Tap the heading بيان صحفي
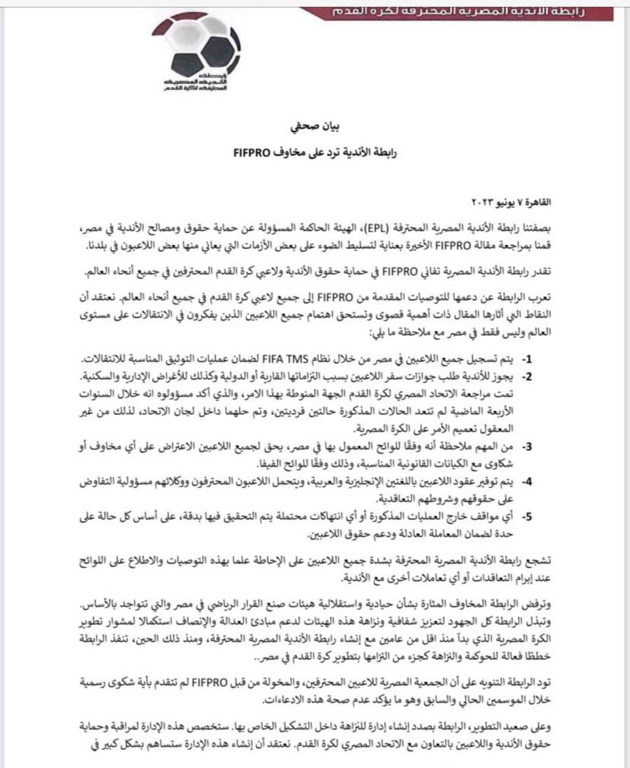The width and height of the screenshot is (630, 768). [x=314, y=126]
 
